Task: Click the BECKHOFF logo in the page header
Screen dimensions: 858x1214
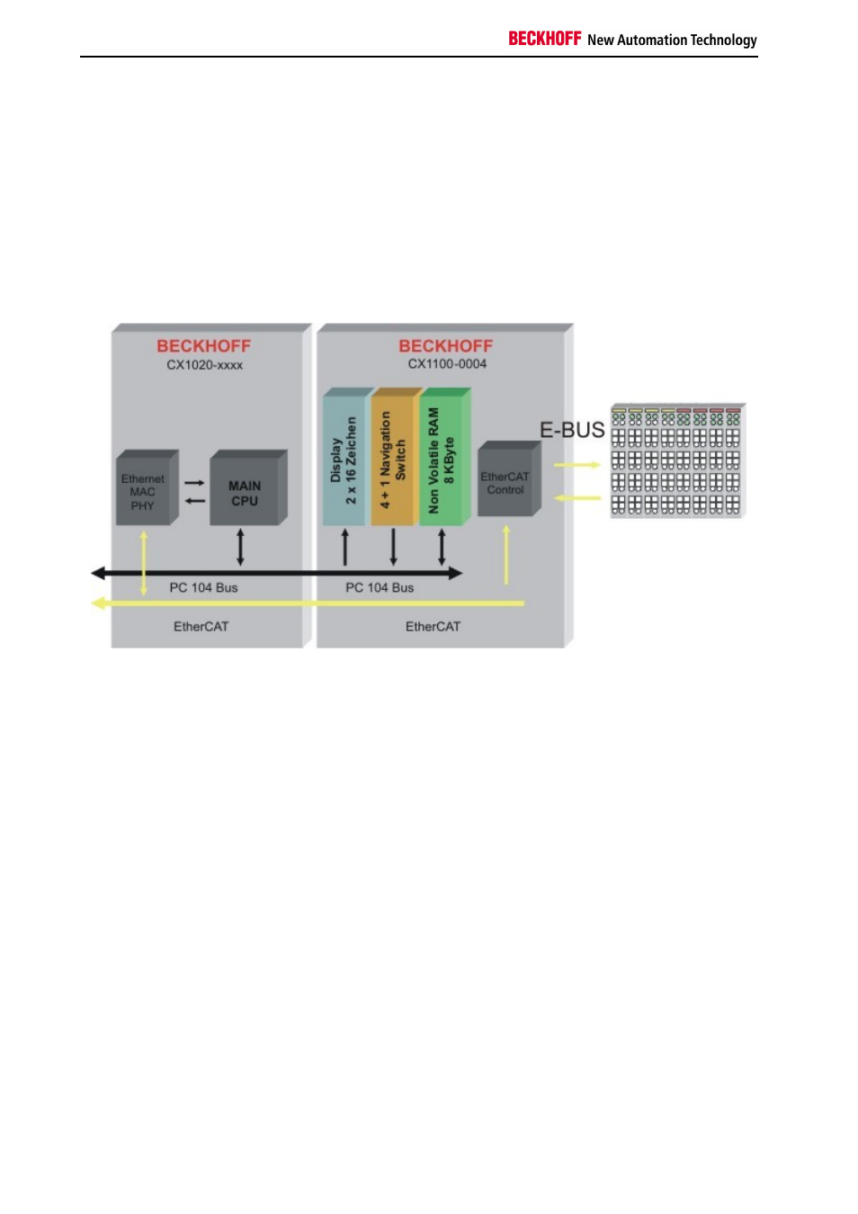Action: coord(544,39)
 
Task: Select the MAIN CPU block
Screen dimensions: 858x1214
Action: coord(248,487)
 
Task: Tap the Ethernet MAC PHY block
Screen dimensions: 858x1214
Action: coord(147,487)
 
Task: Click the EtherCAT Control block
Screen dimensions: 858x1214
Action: coord(509,478)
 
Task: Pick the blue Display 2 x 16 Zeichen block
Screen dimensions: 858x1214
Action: coord(347,456)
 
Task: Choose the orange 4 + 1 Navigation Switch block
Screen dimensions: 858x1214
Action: coord(397,456)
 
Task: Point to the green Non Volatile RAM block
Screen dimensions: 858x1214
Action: coord(444,456)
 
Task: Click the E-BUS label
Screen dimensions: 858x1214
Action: coord(572,430)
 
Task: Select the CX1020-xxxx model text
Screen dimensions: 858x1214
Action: coord(204,365)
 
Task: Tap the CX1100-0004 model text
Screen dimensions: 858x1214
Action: coord(447,364)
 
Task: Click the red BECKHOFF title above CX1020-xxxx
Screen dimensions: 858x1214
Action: coord(204,346)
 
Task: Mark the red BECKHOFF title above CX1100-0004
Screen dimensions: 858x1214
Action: coord(445,346)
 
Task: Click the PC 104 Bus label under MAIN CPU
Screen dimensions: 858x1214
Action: coord(203,587)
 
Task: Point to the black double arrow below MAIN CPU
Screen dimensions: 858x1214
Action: coord(241,548)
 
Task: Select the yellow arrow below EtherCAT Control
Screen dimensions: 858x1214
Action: coord(506,555)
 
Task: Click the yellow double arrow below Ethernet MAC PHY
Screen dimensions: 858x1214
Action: coord(144,563)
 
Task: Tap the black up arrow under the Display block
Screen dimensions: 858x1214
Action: coord(345,548)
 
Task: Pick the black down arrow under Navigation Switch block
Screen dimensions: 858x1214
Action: coord(394,548)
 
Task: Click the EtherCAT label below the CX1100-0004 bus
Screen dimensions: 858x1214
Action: coord(433,627)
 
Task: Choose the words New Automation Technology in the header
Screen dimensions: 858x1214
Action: coord(672,40)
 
